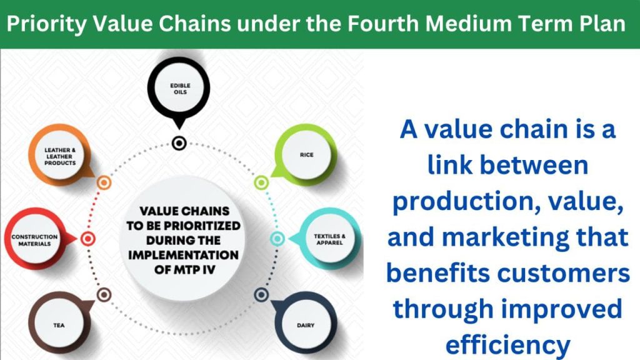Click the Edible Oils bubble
[179, 89]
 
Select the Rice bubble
[306, 155]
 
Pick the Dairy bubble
[305, 324]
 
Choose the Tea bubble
[59, 324]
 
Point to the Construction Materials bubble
[36, 239]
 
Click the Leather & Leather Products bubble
[60, 156]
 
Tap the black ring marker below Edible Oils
[179, 143]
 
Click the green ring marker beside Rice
[261, 182]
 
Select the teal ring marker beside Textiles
[277, 239]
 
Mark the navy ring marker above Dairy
[261, 295]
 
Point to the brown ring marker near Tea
[104, 295]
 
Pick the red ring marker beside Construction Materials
[87, 239]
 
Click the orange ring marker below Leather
[104, 182]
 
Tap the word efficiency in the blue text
[507, 345]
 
